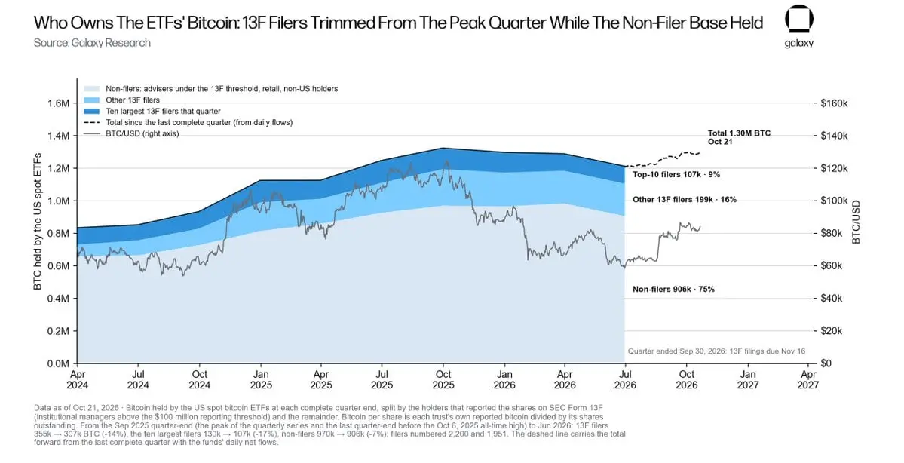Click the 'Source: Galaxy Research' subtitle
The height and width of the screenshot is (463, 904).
point(92,43)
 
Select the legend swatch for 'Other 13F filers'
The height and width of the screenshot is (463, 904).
point(92,100)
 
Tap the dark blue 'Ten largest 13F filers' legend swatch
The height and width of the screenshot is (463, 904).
point(92,112)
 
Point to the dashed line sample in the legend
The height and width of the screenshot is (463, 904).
point(92,123)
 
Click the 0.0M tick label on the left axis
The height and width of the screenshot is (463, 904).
point(58,363)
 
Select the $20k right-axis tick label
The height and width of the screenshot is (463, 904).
point(832,332)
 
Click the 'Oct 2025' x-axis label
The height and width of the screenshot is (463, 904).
point(443,379)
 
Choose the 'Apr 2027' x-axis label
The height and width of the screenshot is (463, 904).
point(809,379)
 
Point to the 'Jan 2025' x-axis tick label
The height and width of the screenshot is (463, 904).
point(261,379)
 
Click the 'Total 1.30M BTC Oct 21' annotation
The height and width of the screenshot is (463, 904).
point(739,137)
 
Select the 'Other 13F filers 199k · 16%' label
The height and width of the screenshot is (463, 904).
point(685,200)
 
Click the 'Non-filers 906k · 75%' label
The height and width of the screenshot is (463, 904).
point(673,289)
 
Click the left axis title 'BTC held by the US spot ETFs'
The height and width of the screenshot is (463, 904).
point(38,222)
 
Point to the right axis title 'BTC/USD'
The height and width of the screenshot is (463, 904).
point(857,222)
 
